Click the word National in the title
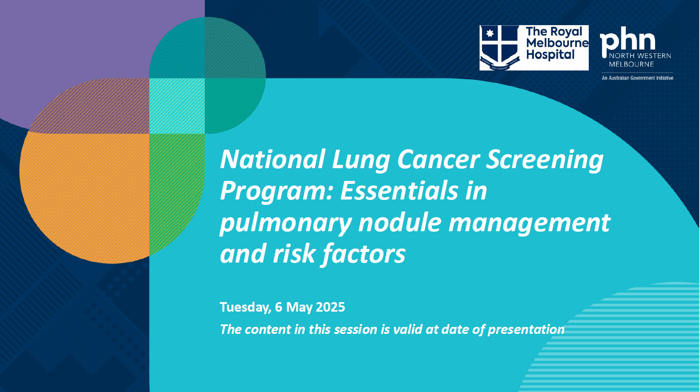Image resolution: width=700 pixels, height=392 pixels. coord(273,160)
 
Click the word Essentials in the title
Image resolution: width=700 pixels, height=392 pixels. coord(399,191)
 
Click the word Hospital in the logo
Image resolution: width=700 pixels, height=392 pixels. coord(550,55)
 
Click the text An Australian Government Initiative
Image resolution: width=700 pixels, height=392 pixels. coord(637,78)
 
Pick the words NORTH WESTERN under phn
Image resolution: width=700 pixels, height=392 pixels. coord(640,56)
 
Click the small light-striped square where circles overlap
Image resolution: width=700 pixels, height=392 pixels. coord(177,106)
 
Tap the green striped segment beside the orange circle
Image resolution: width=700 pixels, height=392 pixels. coord(176,190)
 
